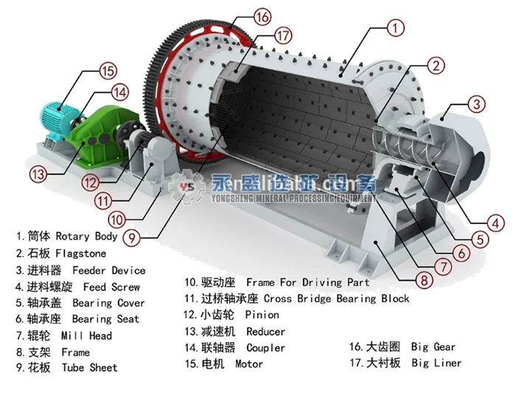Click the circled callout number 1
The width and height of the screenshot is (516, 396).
click(396, 29)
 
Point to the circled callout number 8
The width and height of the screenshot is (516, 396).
click(424, 279)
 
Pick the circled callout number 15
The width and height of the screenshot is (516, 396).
click(108, 71)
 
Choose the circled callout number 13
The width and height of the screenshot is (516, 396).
click(39, 174)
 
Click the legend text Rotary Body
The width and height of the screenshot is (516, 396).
click(86, 237)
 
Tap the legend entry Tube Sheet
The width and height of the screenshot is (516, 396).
click(89, 367)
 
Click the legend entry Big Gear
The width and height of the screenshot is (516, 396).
click(433, 347)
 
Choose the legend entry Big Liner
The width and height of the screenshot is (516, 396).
click(436, 363)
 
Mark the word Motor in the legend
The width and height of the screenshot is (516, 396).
click(249, 364)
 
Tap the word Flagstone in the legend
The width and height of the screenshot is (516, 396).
click(79, 254)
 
